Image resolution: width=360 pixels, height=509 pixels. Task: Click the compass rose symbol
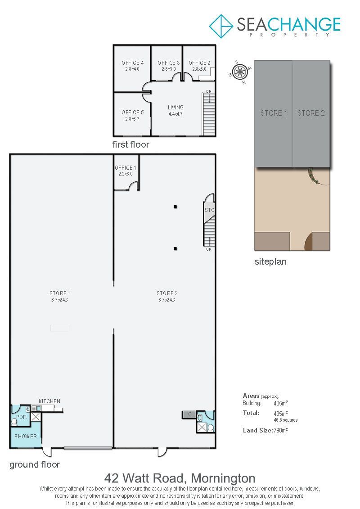point(240,72)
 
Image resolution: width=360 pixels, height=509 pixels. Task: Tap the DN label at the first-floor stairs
point(209,91)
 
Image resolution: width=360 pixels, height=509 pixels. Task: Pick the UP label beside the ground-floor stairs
point(209,249)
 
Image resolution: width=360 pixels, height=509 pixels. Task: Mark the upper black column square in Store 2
point(175,207)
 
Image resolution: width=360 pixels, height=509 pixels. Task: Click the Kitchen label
point(49,401)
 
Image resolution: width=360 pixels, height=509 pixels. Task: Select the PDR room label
point(22,417)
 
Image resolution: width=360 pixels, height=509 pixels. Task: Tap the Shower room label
point(26,437)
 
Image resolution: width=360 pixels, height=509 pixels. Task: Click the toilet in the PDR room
point(14,422)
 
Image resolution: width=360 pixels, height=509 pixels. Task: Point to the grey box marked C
point(189,414)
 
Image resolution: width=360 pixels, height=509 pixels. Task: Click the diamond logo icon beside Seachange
point(221,26)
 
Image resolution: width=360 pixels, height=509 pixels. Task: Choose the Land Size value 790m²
point(281,430)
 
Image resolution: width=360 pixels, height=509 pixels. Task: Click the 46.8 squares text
point(286,420)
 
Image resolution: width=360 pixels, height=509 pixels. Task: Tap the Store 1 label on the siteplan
point(274,113)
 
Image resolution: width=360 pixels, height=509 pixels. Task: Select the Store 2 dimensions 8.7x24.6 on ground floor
point(166,300)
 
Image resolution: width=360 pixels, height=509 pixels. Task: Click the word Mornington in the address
point(223,478)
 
